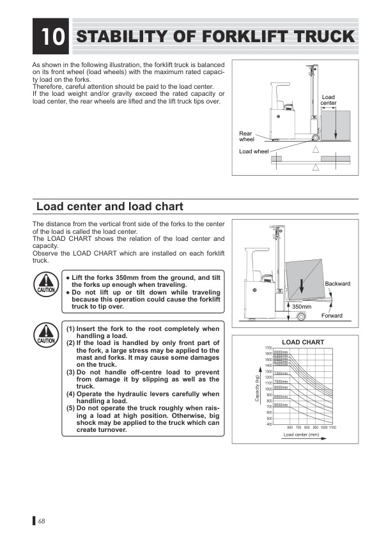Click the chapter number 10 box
pos(51,36)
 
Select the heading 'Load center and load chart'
pos(110,206)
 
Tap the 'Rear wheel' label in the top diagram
pos(246,136)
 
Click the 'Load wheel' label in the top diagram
pos(254,151)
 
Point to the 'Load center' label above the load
pos(328,100)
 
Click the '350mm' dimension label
pos(302,307)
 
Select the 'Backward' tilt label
pos(337,284)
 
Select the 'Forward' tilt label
pos(332,316)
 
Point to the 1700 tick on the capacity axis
pos(268,348)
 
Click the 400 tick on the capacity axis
pos(269,424)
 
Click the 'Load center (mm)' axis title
pos(301,434)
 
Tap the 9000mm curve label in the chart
pos(281,405)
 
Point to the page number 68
pos(42,521)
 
